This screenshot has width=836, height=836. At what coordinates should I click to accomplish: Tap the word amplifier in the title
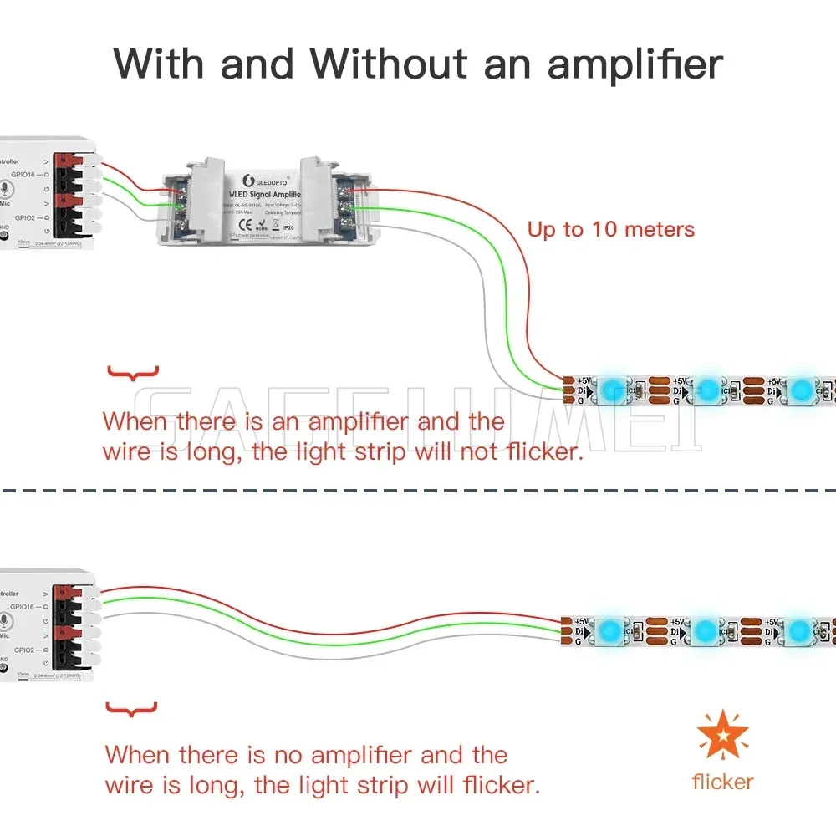click(635, 64)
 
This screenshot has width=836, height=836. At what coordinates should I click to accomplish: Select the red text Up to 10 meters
click(611, 229)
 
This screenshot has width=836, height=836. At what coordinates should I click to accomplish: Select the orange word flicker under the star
click(722, 782)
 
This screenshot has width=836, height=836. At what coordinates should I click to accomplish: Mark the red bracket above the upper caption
click(133, 373)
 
